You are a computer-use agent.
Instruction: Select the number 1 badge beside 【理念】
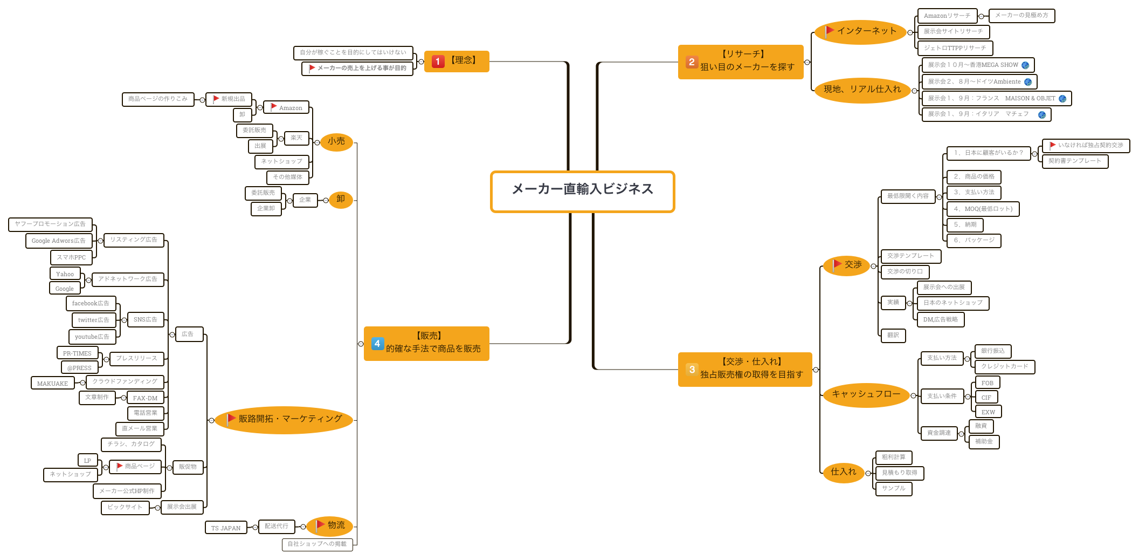click(438, 62)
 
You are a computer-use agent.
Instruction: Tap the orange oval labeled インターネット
click(860, 32)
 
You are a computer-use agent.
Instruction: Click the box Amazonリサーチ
click(947, 16)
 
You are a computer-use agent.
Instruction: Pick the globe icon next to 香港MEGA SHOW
click(1025, 65)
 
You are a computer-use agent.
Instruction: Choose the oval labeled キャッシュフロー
click(866, 394)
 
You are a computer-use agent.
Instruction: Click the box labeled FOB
click(987, 383)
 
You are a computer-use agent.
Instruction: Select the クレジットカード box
click(1004, 367)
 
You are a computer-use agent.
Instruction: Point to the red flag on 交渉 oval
click(837, 264)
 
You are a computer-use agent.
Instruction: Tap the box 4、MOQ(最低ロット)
click(983, 209)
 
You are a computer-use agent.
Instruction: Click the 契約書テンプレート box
click(1074, 161)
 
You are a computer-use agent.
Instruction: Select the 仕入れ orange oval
click(843, 472)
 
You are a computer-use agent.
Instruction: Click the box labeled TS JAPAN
click(226, 528)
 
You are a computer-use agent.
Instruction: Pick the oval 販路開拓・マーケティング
click(284, 419)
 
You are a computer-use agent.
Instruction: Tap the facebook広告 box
click(91, 304)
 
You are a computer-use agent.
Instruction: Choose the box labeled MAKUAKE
click(52, 384)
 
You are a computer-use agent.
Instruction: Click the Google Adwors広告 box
click(58, 241)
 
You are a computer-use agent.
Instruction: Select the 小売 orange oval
click(336, 142)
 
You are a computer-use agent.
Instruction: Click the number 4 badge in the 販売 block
click(377, 344)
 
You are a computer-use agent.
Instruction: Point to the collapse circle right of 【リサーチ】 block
click(807, 63)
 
